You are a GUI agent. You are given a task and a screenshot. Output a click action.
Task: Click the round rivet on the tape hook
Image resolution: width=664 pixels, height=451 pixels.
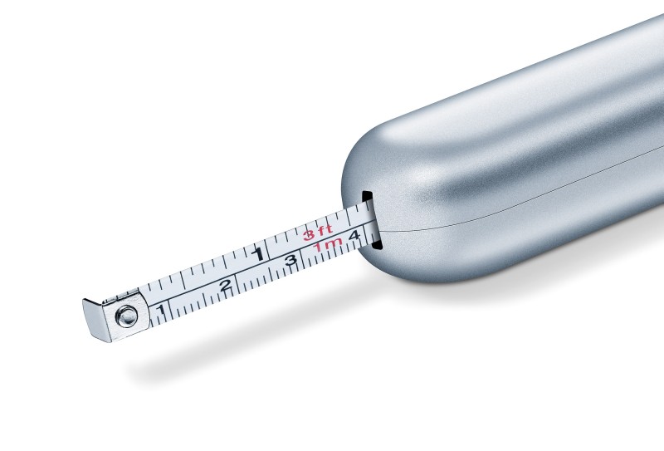coord(127,316)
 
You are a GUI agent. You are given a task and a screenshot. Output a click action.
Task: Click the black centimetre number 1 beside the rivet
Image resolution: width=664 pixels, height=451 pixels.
coord(160,310)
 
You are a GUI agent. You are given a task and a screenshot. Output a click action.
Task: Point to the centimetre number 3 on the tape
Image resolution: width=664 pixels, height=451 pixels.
coord(290,260)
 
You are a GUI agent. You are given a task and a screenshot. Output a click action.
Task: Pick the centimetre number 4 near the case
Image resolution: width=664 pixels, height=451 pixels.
coord(354,235)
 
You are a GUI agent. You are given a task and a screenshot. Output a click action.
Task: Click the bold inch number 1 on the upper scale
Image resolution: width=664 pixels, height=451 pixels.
coord(258,253)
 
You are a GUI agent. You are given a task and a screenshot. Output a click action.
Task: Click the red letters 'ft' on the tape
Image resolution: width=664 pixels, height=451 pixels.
coord(325,231)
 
